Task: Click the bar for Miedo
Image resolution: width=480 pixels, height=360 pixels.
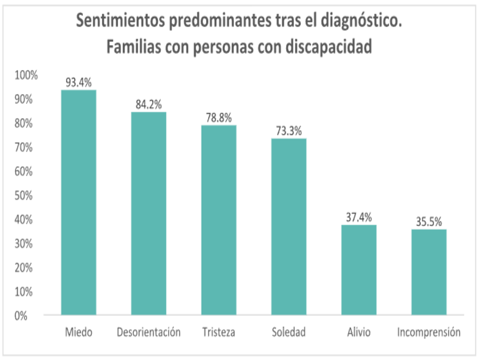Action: (x=78, y=202)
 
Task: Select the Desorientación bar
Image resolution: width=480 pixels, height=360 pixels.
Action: (x=149, y=213)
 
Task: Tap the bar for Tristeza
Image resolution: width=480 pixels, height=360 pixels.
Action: (x=219, y=220)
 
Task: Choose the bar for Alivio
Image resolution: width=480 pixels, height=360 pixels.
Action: (x=359, y=270)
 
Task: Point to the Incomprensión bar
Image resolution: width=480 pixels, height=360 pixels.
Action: (x=429, y=272)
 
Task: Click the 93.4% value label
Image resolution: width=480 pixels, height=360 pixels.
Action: (x=78, y=83)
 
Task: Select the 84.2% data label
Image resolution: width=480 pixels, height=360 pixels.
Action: (x=149, y=105)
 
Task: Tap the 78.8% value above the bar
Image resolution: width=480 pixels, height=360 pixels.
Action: (x=219, y=118)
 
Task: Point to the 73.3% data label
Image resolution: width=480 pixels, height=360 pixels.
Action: (x=289, y=131)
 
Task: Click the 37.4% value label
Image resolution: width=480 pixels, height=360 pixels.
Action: (x=359, y=217)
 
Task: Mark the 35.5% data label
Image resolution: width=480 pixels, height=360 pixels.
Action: (x=429, y=222)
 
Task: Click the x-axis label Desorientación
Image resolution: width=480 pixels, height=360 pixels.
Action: (x=149, y=332)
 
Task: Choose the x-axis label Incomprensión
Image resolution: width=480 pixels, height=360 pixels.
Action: (x=429, y=332)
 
